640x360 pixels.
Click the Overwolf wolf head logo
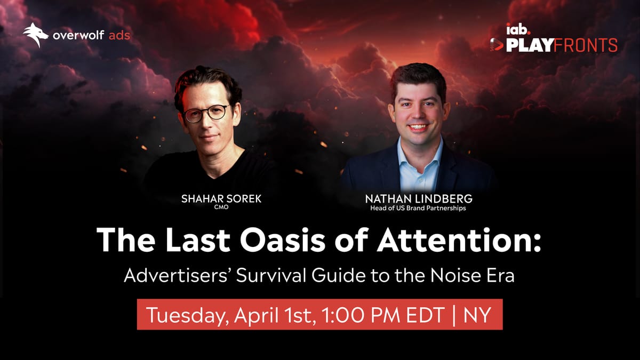point(36,35)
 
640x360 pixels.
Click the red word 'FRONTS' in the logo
point(586,45)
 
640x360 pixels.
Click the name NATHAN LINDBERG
point(419,199)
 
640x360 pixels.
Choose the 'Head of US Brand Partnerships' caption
point(419,209)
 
